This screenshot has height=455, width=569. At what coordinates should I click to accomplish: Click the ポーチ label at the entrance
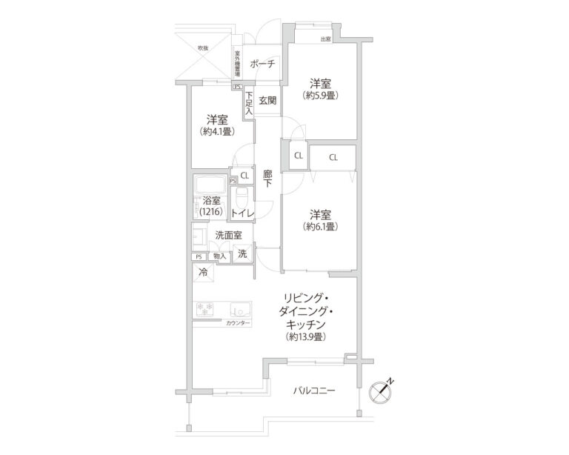pyautogui.click(x=262, y=64)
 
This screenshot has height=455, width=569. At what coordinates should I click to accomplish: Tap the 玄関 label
pyautogui.click(x=267, y=101)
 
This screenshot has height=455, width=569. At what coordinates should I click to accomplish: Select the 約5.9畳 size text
pyautogui.click(x=320, y=96)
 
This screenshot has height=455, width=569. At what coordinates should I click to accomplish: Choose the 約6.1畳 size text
pyautogui.click(x=320, y=227)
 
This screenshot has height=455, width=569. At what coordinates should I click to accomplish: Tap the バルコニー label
pyautogui.click(x=313, y=390)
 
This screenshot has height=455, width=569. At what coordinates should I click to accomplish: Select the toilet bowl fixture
pyautogui.click(x=242, y=198)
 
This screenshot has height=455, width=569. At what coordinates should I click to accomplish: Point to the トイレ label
pyautogui.click(x=242, y=213)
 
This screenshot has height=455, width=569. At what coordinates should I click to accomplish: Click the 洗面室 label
pyautogui.click(x=227, y=235)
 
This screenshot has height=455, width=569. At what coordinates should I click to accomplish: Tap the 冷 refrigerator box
pyautogui.click(x=203, y=271)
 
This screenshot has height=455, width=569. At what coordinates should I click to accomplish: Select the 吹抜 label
pyautogui.click(x=202, y=48)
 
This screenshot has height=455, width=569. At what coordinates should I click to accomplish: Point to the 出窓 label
pyautogui.click(x=325, y=39)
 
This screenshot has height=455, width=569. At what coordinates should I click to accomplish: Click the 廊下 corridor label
pyautogui.click(x=267, y=179)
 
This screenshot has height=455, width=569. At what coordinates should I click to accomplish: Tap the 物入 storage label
pyautogui.click(x=219, y=256)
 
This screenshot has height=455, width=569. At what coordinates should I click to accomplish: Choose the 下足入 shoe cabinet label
pyautogui.click(x=250, y=103)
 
